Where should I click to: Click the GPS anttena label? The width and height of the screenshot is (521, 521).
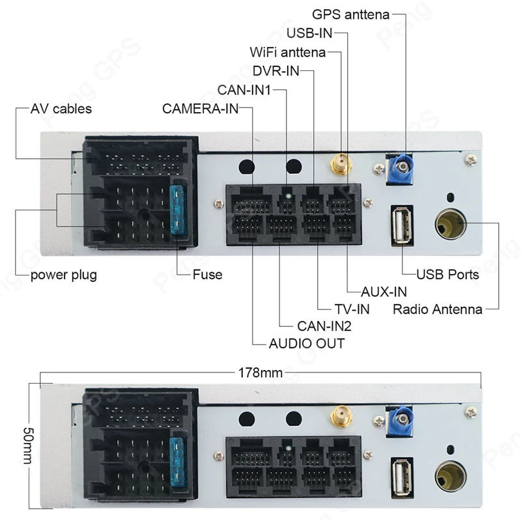350,14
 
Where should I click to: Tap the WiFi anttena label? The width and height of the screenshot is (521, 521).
287,52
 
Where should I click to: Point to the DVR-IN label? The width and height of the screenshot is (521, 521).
275,71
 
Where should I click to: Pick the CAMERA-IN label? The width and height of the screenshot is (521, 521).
201,109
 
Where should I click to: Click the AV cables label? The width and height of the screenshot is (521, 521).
61,109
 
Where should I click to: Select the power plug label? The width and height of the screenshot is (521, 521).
64,274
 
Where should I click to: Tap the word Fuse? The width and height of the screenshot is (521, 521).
207,274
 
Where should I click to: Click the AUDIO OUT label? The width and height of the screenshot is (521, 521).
306,343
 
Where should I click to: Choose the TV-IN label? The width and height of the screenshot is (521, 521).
352,309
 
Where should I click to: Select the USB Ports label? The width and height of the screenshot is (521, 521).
447,274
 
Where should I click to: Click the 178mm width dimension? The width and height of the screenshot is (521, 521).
260,373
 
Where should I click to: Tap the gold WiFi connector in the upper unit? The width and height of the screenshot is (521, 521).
340,165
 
